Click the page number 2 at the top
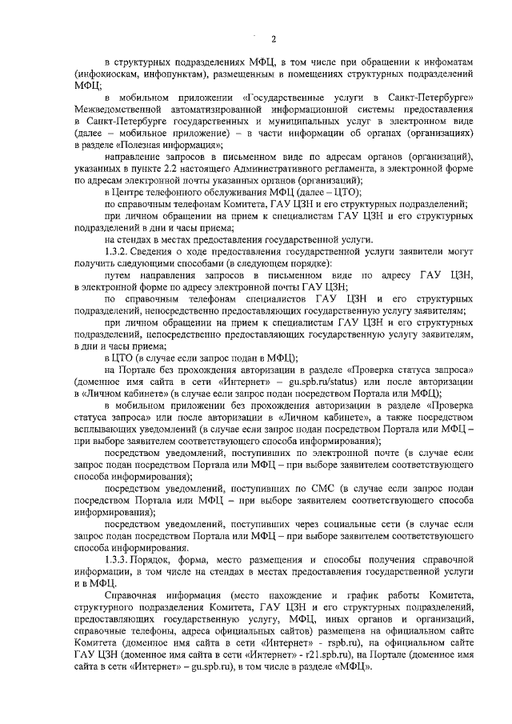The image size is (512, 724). [273, 39]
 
